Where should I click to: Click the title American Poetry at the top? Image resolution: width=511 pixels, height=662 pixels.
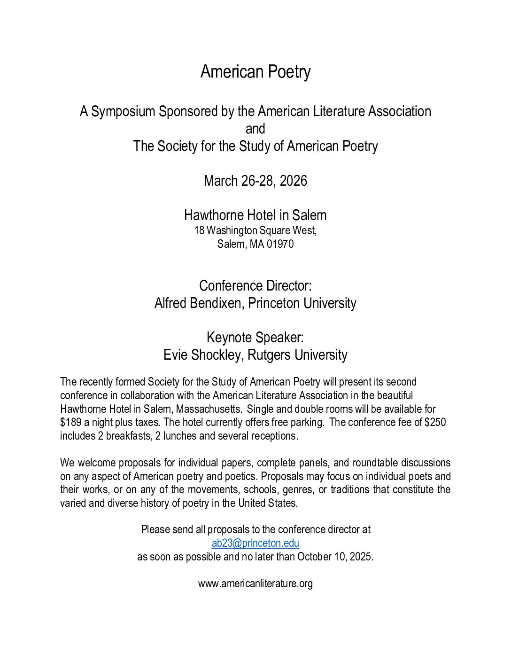pyautogui.click(x=255, y=72)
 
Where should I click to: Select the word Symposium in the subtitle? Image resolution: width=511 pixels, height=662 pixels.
pyautogui.click(x=123, y=111)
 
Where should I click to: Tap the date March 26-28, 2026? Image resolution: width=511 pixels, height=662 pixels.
pyautogui.click(x=255, y=181)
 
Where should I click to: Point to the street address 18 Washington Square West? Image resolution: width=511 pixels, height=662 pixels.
pyautogui.click(x=255, y=231)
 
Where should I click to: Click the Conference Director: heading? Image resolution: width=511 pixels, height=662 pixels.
pyautogui.click(x=255, y=286)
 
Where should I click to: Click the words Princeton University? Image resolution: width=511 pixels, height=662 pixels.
pyautogui.click(x=302, y=303)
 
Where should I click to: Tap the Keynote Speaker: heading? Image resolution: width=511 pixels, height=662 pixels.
pyautogui.click(x=255, y=338)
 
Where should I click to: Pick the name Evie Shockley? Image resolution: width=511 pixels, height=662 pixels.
pyautogui.click(x=202, y=355)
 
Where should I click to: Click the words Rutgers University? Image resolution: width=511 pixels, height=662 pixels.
pyautogui.click(x=297, y=355)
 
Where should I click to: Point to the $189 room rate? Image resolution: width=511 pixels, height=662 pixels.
pyautogui.click(x=70, y=423)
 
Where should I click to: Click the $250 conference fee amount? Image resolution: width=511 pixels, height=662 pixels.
pyautogui.click(x=435, y=423)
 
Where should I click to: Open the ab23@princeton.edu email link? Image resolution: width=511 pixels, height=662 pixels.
pyautogui.click(x=255, y=544)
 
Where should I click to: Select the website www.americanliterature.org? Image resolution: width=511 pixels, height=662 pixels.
pyautogui.click(x=255, y=584)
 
